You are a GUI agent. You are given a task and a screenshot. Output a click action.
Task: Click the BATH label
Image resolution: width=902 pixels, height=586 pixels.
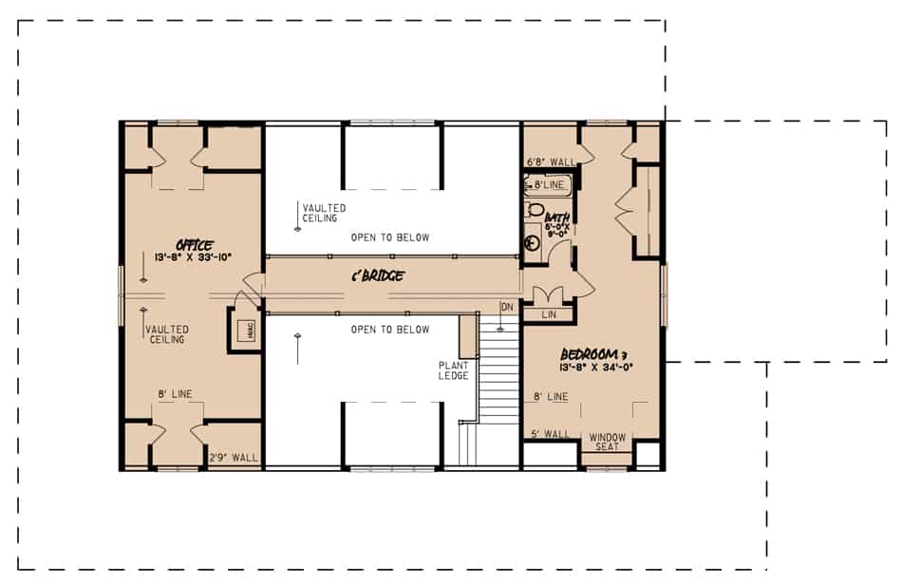pyautogui.click(x=557, y=219)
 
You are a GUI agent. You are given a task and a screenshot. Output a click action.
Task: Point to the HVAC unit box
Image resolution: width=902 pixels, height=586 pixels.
pyautogui.click(x=239, y=330)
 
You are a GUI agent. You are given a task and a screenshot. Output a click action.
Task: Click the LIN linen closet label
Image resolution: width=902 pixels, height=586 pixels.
pyautogui.click(x=549, y=313)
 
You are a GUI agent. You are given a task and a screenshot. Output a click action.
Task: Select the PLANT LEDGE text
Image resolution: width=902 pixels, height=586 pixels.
pyautogui.click(x=453, y=370)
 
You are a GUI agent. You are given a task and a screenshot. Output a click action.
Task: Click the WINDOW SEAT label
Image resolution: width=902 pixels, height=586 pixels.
pyautogui.click(x=608, y=442)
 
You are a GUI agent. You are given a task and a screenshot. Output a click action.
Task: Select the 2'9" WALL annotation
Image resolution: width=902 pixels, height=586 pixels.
pyautogui.click(x=233, y=458)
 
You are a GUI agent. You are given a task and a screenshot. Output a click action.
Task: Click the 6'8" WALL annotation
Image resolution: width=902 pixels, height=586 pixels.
pyautogui.click(x=550, y=162)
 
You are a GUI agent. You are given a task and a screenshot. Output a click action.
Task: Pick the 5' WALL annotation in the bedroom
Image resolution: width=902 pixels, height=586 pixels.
pyautogui.click(x=551, y=434)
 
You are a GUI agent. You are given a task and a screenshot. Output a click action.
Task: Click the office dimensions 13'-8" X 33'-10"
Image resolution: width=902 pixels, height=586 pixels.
pyautogui.click(x=194, y=256)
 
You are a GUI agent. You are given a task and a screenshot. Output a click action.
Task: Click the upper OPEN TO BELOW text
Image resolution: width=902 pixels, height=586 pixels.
pyautogui.click(x=389, y=237)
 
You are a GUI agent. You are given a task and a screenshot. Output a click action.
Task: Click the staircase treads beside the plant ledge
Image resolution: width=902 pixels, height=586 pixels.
pyautogui.click(x=498, y=370)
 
